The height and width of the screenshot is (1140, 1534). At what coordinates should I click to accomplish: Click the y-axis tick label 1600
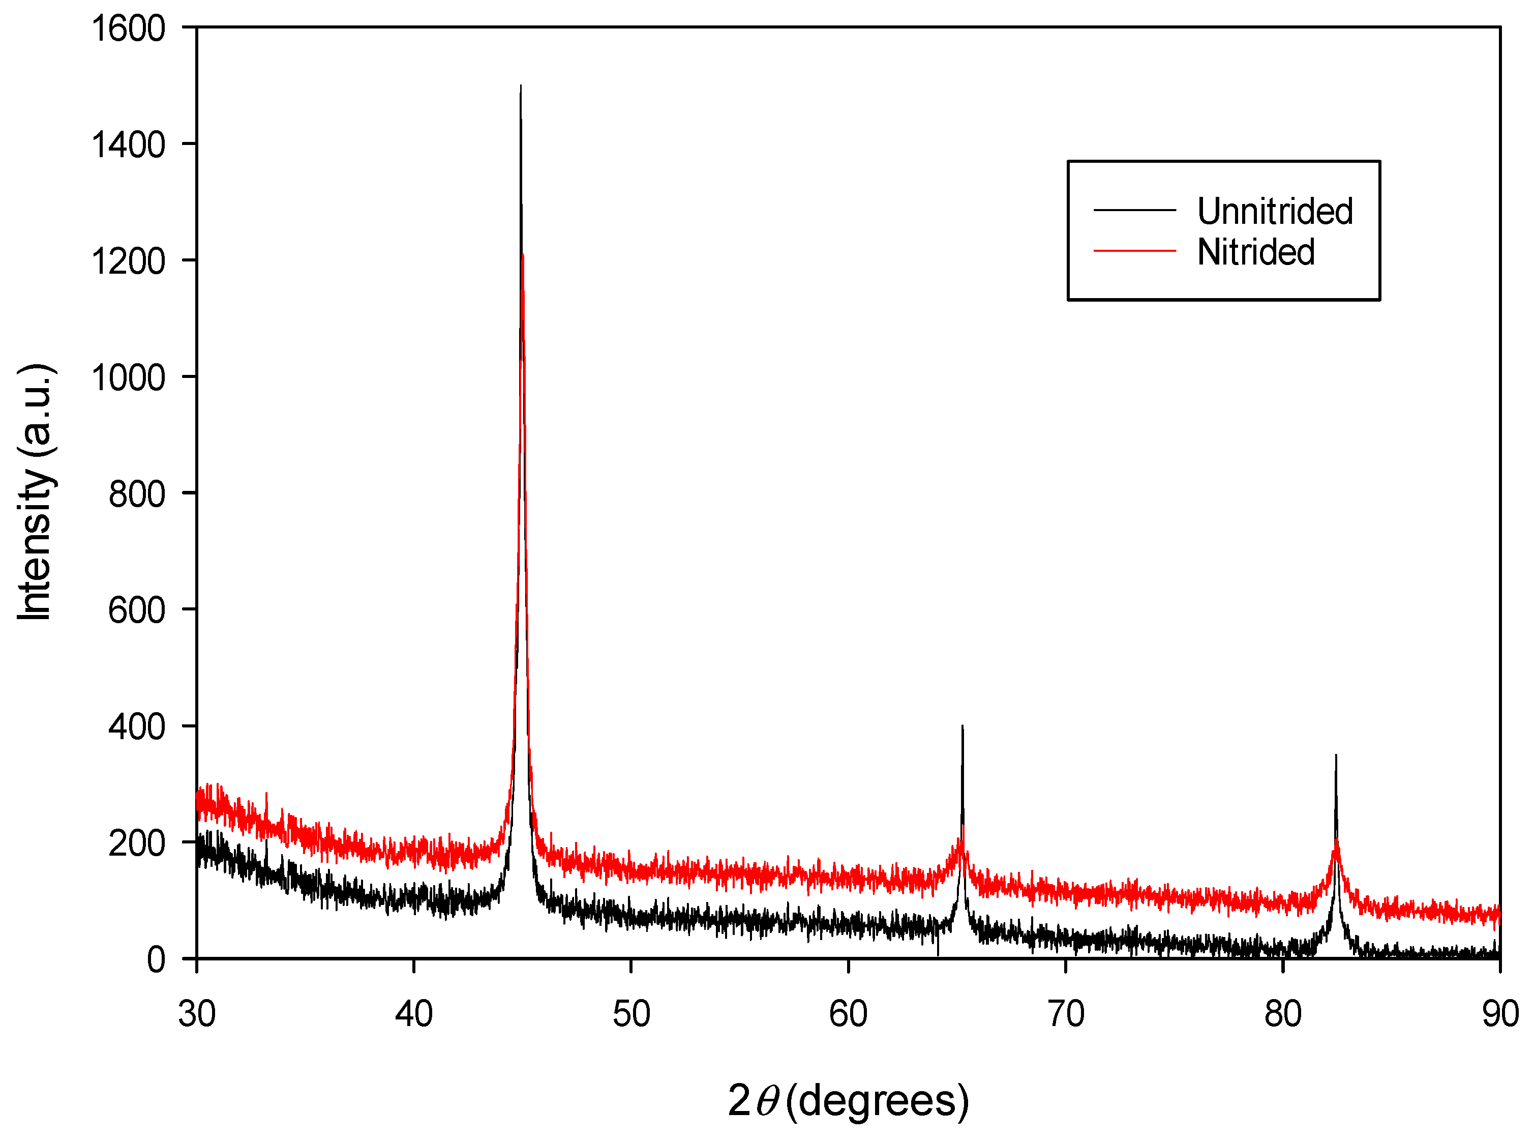click(128, 29)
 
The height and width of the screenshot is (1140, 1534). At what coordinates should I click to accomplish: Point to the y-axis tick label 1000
click(128, 378)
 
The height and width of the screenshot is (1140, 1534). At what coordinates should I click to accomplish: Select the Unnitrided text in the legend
click(1275, 211)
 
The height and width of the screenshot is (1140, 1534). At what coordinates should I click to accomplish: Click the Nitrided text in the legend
click(1256, 252)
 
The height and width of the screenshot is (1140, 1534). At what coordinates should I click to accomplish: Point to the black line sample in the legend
click(1135, 210)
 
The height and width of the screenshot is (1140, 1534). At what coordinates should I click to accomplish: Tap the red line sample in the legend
click(1135, 250)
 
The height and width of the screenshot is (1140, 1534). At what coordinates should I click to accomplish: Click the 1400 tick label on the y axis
click(128, 145)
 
